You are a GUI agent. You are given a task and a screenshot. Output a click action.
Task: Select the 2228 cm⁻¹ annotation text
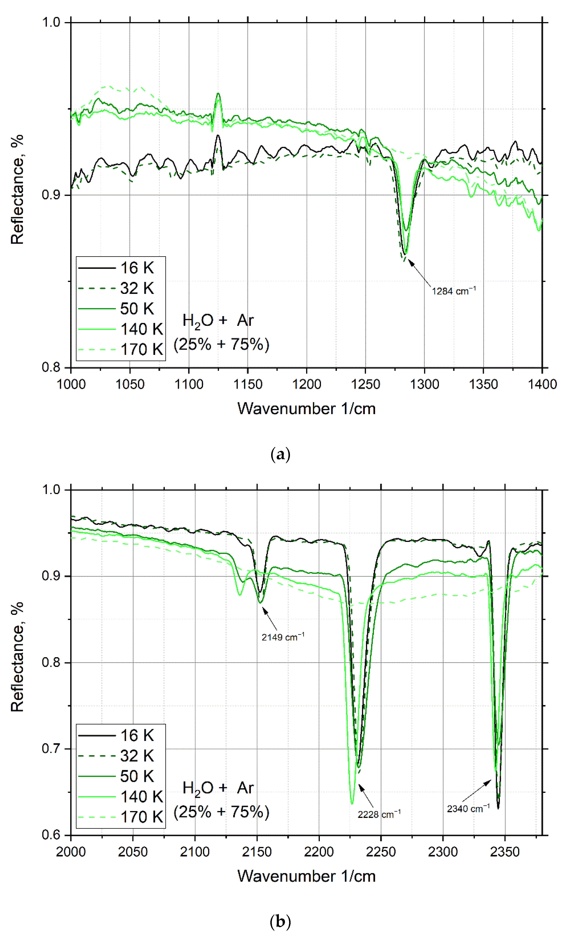point(379,814)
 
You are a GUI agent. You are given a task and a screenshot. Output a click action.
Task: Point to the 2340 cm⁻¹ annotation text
point(468,809)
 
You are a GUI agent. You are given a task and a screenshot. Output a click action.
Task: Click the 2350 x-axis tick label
point(505,852)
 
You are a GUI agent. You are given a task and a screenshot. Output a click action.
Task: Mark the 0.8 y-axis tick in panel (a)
point(51,367)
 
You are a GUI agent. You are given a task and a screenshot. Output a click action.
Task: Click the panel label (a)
point(280,455)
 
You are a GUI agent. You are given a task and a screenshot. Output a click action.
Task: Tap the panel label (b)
point(280,922)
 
